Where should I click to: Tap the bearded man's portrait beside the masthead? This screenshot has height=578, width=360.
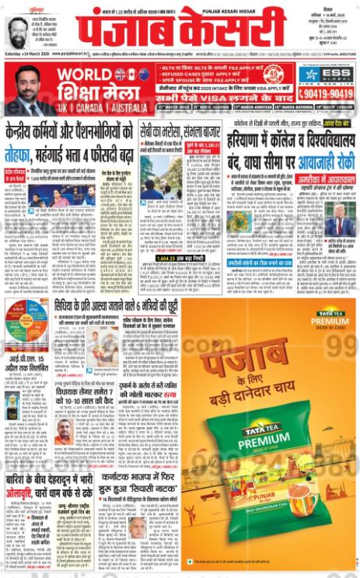[x=16, y=32]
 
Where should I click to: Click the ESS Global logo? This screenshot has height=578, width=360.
[x=327, y=75]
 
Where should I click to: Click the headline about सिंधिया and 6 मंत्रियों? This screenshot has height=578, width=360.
[x=121, y=305]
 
